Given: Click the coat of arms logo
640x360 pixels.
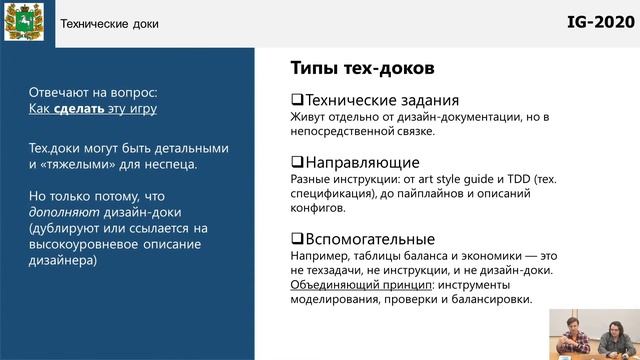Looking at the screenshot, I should (19, 22).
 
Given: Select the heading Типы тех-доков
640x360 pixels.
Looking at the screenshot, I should (362, 69).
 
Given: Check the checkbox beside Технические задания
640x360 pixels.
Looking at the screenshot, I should (296, 100).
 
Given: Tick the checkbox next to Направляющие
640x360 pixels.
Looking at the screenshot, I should (296, 162).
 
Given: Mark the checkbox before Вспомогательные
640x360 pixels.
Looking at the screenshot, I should (296, 239).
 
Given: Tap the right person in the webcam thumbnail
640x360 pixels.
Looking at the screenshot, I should (616, 335).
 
